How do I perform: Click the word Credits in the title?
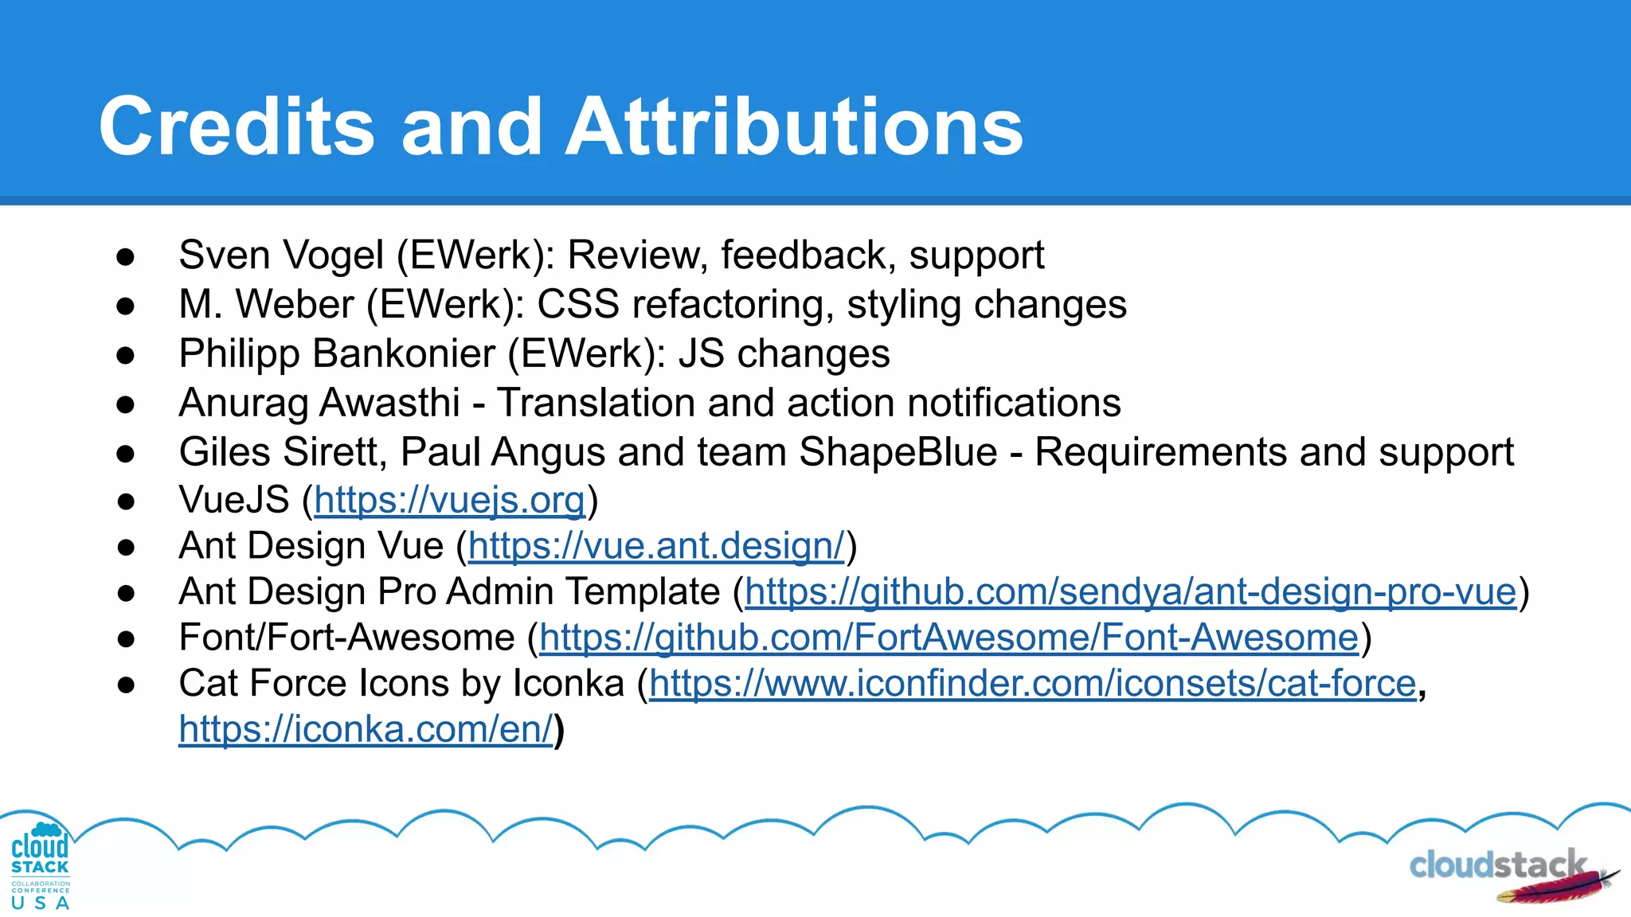[237, 127]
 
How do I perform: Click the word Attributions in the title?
[793, 127]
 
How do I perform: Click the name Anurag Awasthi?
[319, 403]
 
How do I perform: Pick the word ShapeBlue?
[898, 452]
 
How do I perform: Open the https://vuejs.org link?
[450, 501]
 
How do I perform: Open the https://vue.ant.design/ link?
[656, 547]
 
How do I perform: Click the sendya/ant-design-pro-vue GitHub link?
[1131, 592]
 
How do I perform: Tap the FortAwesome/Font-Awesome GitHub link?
[948, 638]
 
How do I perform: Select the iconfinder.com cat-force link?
[1032, 684]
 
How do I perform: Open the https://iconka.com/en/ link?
[366, 729]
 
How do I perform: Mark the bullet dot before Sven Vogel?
[126, 257]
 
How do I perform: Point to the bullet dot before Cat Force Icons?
[126, 685]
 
